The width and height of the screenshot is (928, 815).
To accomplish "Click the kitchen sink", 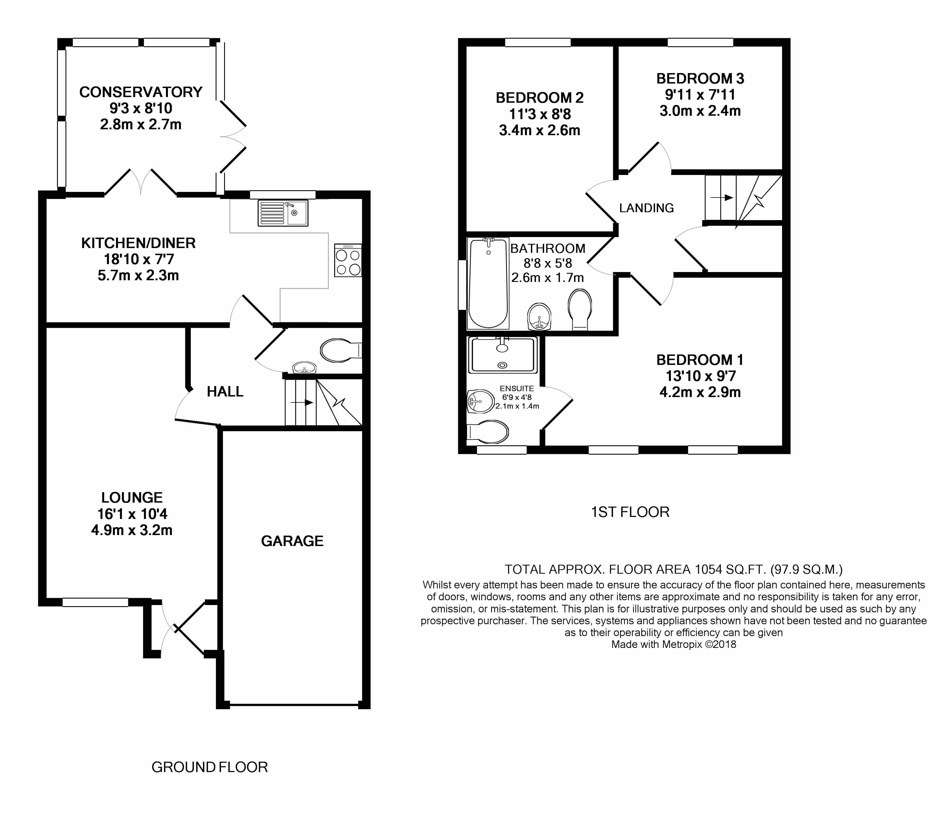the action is [x=283, y=213].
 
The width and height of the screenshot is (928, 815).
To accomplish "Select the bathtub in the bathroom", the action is [x=488, y=283].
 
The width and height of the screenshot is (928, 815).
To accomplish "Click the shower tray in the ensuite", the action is [x=503, y=355].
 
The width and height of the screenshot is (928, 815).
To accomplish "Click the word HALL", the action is [x=225, y=391].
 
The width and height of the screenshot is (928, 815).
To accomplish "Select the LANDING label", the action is [x=647, y=208].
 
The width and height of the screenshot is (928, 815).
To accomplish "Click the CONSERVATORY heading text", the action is [x=141, y=92].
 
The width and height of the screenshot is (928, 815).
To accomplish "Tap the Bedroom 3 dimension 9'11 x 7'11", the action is [x=700, y=95].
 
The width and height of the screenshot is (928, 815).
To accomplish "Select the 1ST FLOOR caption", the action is [x=630, y=512].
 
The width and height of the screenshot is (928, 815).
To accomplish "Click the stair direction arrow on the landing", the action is [x=722, y=198].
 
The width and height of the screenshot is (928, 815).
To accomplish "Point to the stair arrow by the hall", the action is [x=302, y=402].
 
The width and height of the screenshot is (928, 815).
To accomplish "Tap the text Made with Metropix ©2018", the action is [x=674, y=644].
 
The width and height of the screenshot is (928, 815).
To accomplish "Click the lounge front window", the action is [x=95, y=602].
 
